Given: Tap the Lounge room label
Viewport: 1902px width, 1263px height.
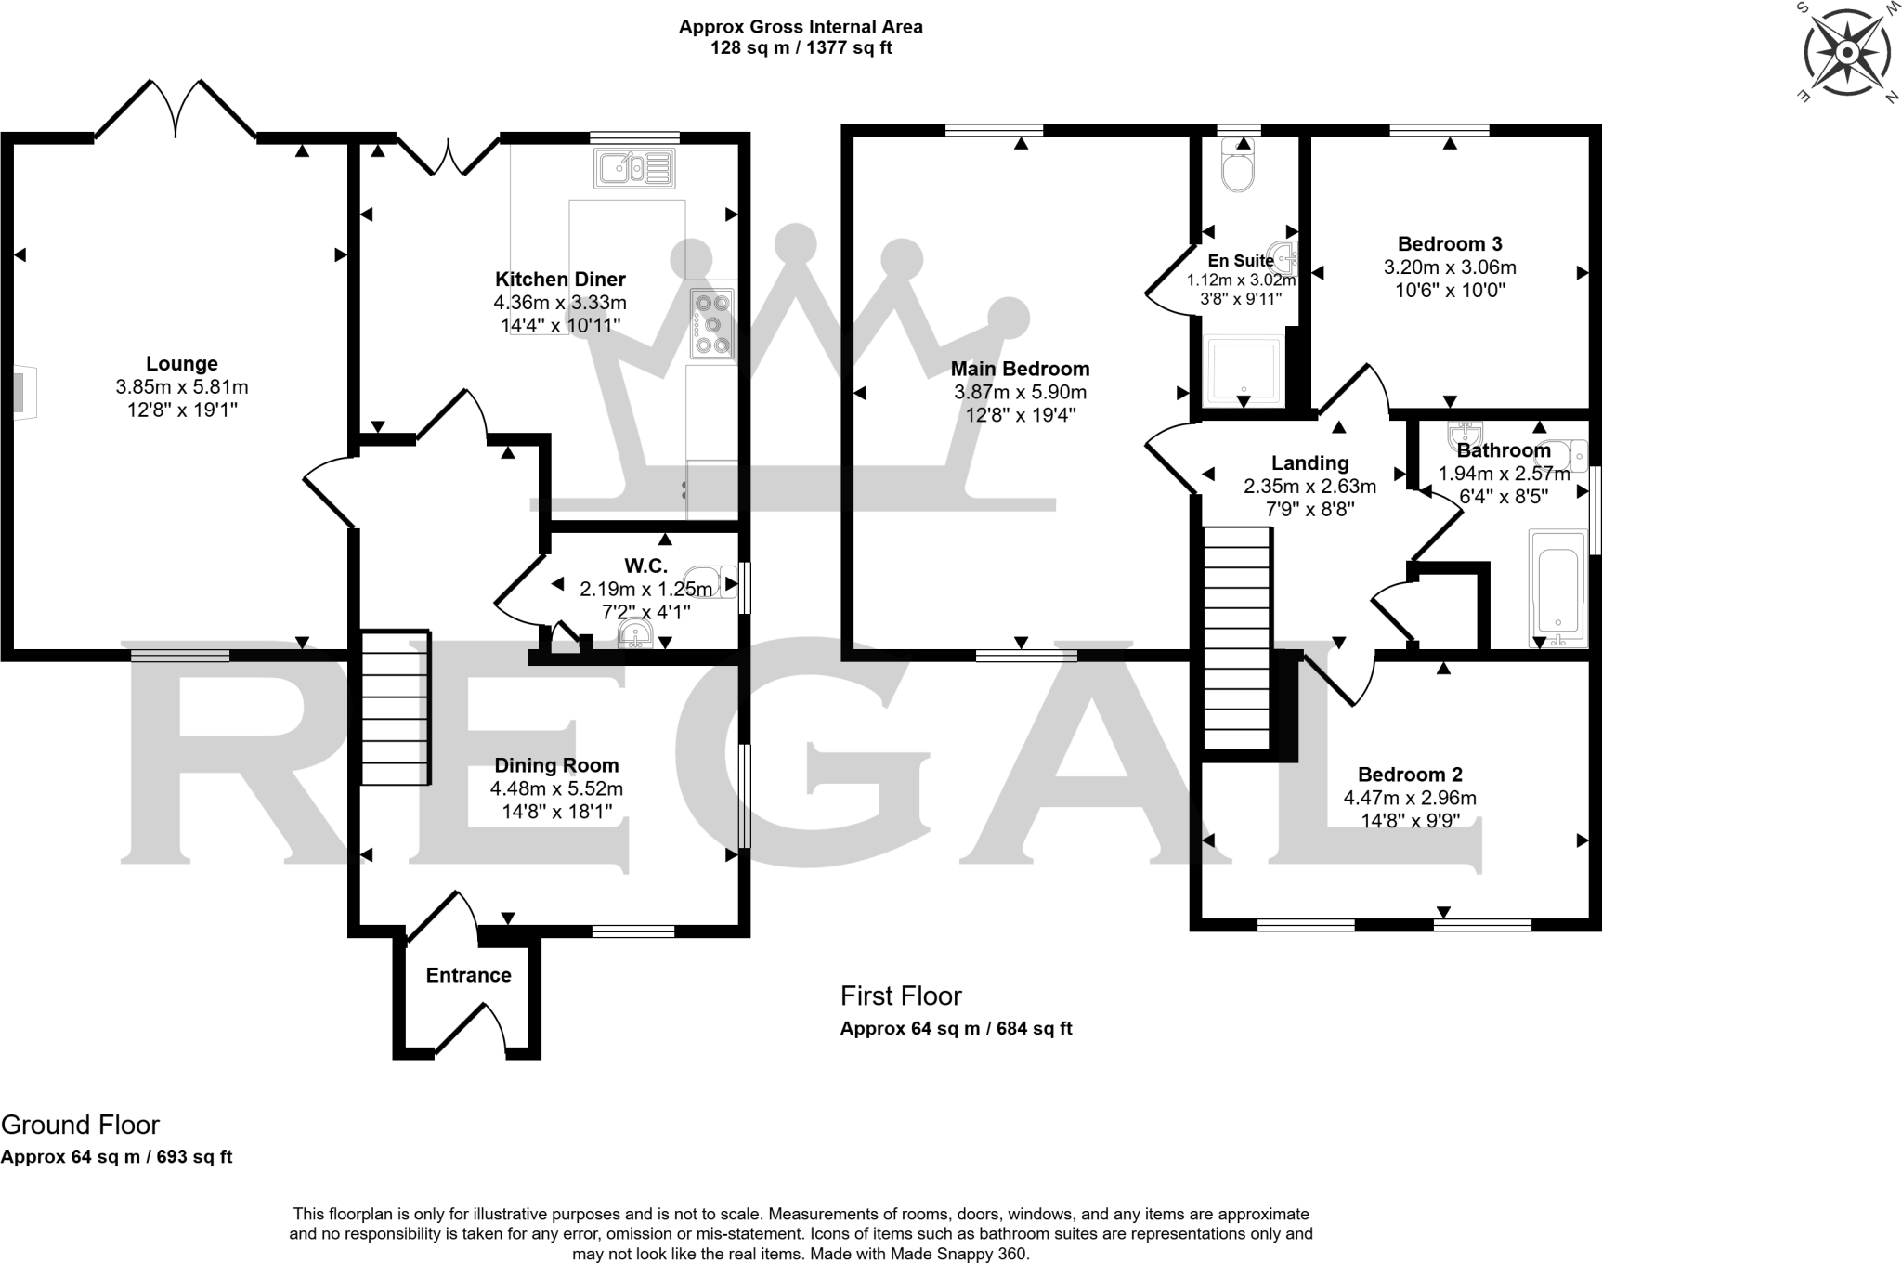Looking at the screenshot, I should (182, 364).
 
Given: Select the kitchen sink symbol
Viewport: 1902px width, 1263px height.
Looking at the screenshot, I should (635, 168).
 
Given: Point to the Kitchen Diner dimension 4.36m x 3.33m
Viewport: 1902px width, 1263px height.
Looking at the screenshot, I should (560, 303).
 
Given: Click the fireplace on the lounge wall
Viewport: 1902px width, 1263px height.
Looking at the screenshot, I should (21, 393).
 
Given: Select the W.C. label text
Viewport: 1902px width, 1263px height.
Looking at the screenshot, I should (645, 566).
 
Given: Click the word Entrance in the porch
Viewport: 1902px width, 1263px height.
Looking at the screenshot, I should (468, 975).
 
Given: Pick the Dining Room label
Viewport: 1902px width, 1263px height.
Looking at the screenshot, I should (556, 765).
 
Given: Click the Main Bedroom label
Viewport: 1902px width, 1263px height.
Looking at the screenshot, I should (1020, 369).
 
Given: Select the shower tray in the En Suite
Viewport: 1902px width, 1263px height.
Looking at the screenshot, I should (1243, 371).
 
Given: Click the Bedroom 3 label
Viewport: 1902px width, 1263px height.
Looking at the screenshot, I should (1450, 244).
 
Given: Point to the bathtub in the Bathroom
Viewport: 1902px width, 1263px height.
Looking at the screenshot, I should (1557, 587).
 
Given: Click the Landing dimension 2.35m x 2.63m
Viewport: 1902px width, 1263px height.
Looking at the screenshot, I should (1309, 486).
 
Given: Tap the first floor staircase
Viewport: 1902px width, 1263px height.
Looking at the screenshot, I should (1237, 637).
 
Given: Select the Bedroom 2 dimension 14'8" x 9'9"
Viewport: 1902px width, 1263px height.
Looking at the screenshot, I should (1409, 821).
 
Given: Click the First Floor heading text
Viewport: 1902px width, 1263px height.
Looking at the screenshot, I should (900, 996).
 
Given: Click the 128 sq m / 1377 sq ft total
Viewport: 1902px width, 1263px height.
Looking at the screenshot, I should (801, 48).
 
